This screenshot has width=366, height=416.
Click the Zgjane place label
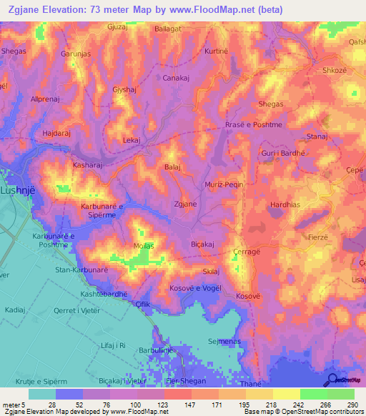point(185,204)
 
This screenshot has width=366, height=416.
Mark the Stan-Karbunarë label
point(81,270)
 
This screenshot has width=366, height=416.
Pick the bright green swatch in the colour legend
point(313,394)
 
